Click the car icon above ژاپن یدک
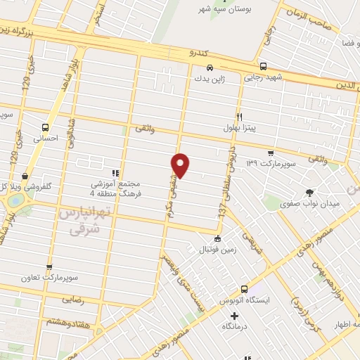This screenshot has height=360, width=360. [209, 69]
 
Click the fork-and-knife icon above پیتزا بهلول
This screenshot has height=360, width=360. [239, 117]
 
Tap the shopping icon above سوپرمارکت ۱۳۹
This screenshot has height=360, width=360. [270, 152]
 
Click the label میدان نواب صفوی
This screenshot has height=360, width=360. [311, 204]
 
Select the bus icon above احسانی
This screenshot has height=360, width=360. [46, 127]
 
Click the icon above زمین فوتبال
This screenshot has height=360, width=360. [218, 238]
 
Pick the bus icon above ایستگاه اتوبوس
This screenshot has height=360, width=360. [244, 289]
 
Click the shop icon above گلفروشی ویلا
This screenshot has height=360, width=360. [25, 176]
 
